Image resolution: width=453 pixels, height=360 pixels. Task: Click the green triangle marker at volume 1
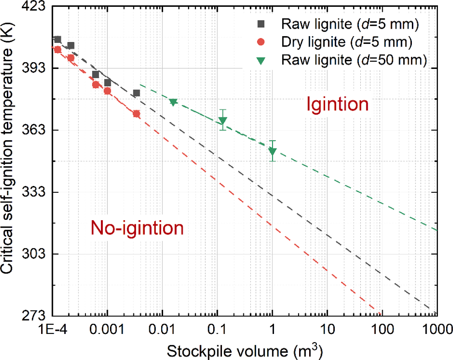coord(273,151)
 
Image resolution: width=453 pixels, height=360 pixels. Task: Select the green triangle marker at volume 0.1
coord(222,121)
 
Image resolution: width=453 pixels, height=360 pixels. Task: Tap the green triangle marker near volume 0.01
coord(173,102)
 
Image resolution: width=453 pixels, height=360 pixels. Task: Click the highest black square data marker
coord(58,39)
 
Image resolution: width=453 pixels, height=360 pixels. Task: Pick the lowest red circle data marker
coord(136,114)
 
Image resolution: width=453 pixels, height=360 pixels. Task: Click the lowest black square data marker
coord(136,93)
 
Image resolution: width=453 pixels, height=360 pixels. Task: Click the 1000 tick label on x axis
coord(436,328)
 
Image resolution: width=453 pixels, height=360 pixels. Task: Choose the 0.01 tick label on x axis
coord(162,328)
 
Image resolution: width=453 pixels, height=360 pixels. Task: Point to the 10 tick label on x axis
coord(327,328)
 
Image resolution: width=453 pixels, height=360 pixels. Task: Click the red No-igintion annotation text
coord(137,227)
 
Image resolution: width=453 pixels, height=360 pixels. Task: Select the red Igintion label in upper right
coord(337,105)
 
